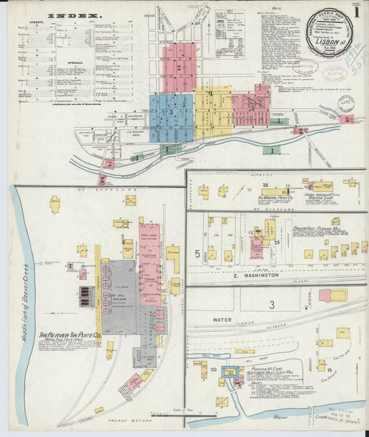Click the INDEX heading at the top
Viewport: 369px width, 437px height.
75,14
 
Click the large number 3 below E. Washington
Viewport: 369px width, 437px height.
271,305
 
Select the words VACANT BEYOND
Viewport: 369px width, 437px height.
111,420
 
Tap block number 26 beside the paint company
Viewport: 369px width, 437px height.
264,186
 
